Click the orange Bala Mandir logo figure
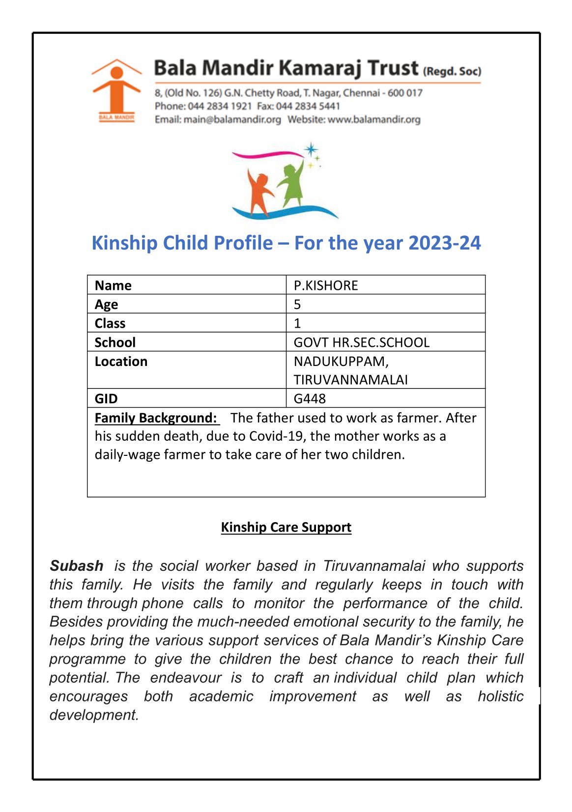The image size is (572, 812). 116,88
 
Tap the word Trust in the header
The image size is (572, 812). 393,68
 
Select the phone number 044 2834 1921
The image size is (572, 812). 220,106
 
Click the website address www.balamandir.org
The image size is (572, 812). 374,119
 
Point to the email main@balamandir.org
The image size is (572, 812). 232,119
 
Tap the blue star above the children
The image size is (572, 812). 311,149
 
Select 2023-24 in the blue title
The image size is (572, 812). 444,243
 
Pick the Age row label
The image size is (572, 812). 107,305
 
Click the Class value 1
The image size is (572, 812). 297,323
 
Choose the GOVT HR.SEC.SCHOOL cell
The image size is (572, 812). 362,342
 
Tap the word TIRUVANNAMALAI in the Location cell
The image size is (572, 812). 351,380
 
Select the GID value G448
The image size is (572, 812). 310,398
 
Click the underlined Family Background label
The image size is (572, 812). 156,418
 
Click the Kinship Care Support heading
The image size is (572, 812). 286,527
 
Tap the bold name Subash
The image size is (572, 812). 77,566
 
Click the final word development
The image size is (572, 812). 94,715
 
